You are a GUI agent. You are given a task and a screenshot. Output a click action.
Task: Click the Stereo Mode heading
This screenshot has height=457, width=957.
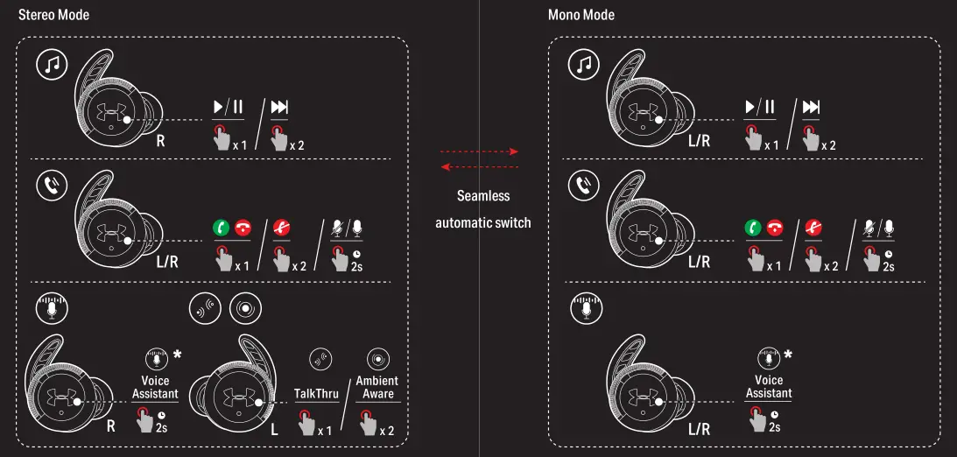point(53,15)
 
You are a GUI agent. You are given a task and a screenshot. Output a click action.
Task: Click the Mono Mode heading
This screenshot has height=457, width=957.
point(581,15)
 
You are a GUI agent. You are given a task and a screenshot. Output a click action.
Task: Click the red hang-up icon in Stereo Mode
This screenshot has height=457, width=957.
point(241,228)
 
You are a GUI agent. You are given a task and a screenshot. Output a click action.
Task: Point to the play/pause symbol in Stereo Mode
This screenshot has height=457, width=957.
point(229,108)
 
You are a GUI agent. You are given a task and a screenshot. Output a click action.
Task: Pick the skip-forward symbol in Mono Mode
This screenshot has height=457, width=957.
point(811,108)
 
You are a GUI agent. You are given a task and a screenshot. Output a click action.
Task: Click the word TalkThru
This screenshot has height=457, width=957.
point(316,394)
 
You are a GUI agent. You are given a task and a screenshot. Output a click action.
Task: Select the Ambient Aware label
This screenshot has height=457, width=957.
point(376,387)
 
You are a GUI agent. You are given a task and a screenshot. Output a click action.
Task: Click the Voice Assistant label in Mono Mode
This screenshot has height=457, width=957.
point(769,387)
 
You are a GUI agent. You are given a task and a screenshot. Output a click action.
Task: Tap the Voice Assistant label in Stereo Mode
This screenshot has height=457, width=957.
point(155,387)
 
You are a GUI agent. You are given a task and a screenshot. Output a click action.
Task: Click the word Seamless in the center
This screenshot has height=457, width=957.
point(483,196)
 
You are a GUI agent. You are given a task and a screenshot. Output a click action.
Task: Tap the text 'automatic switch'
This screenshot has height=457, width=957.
point(483,222)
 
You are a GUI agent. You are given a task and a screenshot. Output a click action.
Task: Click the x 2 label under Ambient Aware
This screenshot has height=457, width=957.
point(386,431)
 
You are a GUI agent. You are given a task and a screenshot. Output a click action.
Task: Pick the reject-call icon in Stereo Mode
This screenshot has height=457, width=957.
point(281,228)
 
